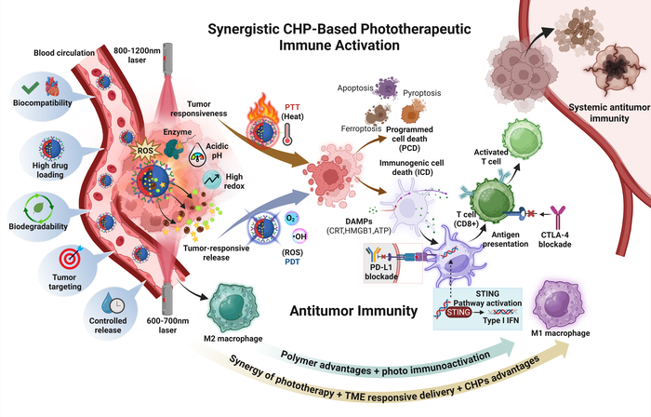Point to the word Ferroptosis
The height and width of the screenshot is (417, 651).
pos(358,127)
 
